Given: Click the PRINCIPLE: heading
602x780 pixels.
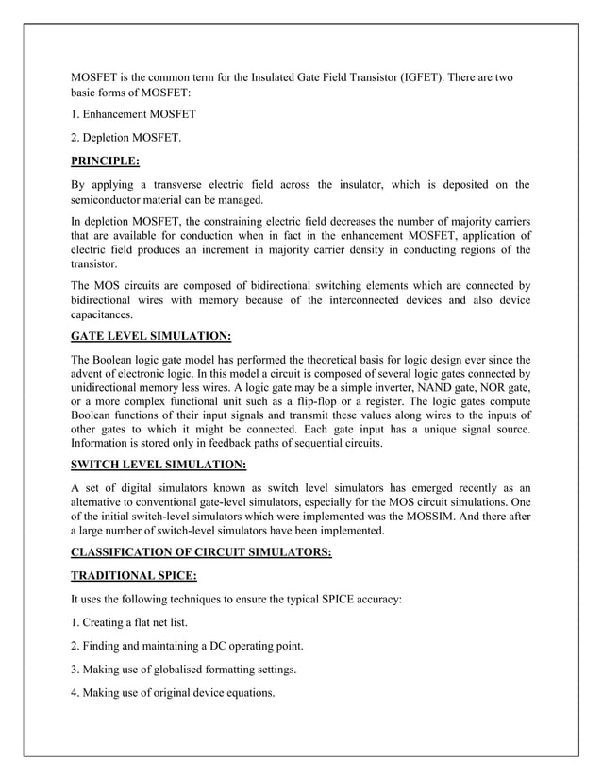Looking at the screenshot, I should (x=106, y=161).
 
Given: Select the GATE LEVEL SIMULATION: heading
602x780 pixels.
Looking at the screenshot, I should (x=151, y=335).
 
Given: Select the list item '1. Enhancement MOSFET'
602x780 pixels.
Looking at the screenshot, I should (x=134, y=114).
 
